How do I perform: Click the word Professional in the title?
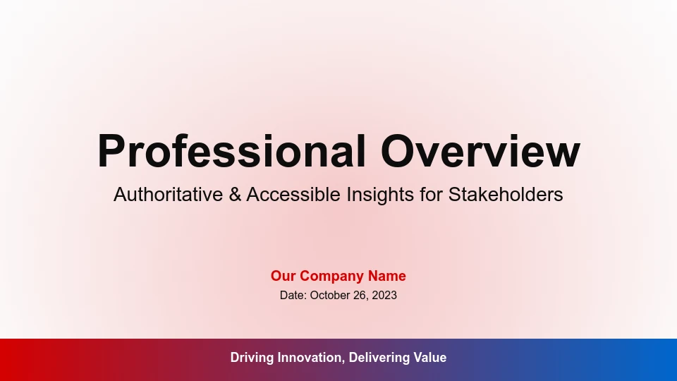[232, 151]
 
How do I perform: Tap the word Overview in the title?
[480, 151]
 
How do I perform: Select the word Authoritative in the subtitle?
[169, 195]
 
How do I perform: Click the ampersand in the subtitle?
[235, 195]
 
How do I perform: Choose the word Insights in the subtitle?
[380, 195]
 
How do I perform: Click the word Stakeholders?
[506, 195]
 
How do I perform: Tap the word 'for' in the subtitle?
[432, 195]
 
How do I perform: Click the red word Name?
[387, 276]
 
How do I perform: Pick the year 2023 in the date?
[384, 295]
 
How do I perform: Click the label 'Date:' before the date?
[293, 295]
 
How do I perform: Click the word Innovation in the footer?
[311, 358]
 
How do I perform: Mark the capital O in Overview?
[397, 151]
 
